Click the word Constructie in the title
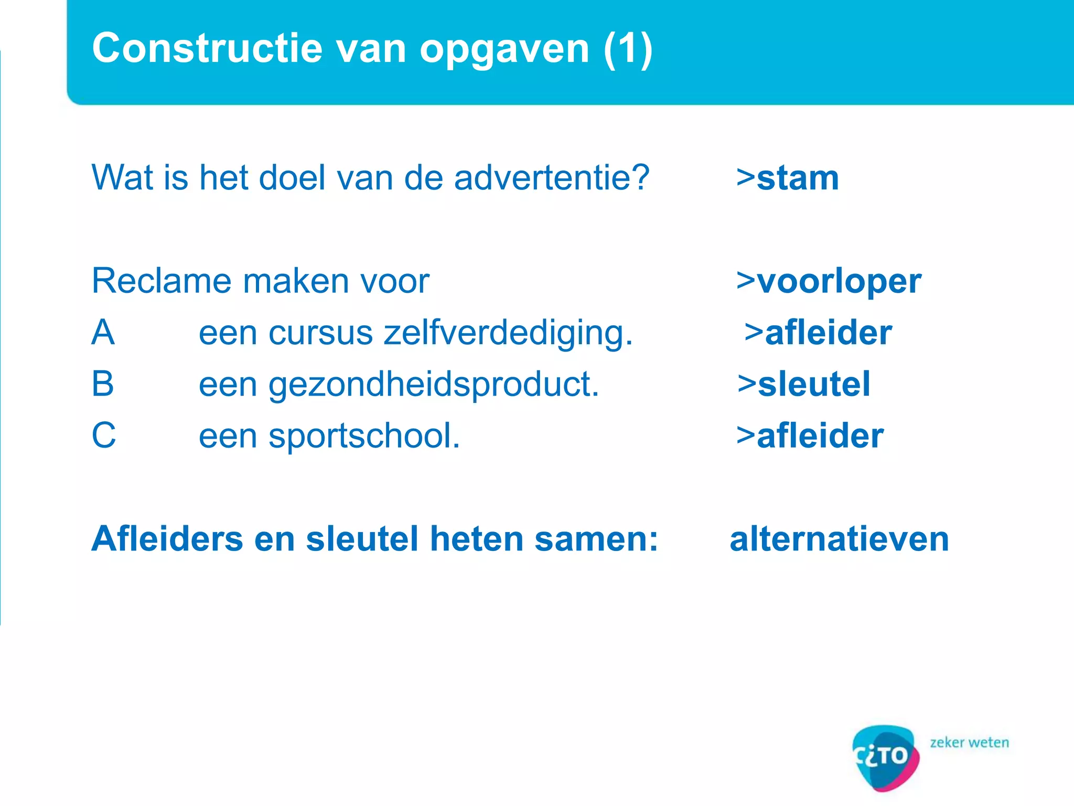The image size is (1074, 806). pyautogui.click(x=207, y=48)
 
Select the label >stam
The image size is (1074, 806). pyautogui.click(x=787, y=178)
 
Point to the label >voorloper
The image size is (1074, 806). pyautogui.click(x=828, y=281)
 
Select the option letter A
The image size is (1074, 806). pyautogui.click(x=103, y=333)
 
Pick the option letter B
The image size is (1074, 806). pyautogui.click(x=103, y=384)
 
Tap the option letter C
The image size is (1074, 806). pyautogui.click(x=103, y=435)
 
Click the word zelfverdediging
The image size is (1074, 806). pyautogui.click(x=507, y=333)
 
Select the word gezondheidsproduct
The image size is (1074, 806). pyautogui.click(x=434, y=385)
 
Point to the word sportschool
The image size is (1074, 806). pyautogui.click(x=364, y=436)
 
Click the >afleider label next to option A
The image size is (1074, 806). pyautogui.click(x=818, y=333)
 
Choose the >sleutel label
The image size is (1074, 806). pyautogui.click(x=803, y=384)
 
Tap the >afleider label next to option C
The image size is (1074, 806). pyautogui.click(x=810, y=436)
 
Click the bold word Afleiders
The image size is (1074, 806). pyautogui.click(x=167, y=539)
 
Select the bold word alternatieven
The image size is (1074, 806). pyautogui.click(x=839, y=539)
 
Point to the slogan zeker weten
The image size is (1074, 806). pyautogui.click(x=969, y=743)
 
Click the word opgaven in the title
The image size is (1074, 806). pyautogui.click(x=504, y=49)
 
